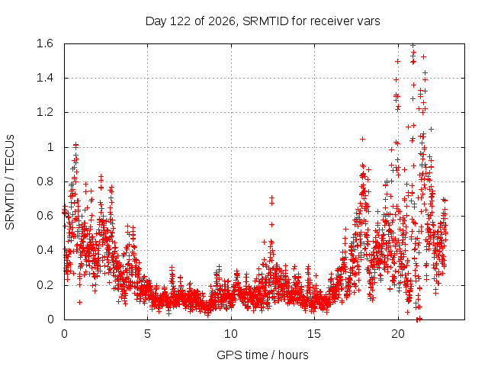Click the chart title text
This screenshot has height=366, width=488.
(x=262, y=21)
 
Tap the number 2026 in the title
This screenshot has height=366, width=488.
(x=222, y=21)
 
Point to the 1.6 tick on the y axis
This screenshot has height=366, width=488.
(x=45, y=43)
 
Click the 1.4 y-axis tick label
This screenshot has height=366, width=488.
(x=45, y=78)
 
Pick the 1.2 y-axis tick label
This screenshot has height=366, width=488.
(x=45, y=112)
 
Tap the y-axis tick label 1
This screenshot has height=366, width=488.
(x=50, y=147)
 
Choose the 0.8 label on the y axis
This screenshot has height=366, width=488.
(x=45, y=181)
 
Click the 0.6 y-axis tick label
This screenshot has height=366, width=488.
(x=45, y=216)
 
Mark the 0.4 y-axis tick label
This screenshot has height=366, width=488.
(x=45, y=250)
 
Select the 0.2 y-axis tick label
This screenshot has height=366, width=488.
(x=45, y=284)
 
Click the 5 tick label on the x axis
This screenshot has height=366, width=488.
(x=147, y=334)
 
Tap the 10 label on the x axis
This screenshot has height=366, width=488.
(x=230, y=334)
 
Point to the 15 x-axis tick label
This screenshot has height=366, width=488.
(x=314, y=334)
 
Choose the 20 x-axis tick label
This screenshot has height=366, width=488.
(x=398, y=334)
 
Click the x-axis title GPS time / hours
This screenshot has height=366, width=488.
(x=262, y=355)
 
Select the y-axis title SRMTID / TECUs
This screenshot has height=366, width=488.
(x=10, y=182)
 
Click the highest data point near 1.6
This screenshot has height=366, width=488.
(x=413, y=46)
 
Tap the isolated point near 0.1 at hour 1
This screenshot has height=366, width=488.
(x=79, y=302)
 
